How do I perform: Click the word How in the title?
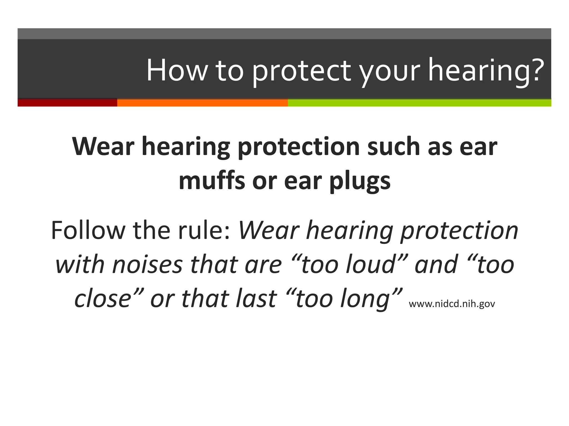coord(177,70)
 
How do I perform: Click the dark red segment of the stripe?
coord(67,103)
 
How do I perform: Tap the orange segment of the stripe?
coord(202,103)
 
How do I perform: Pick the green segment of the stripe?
coord(419,103)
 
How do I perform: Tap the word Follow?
coord(88,230)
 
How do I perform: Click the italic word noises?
coord(147,265)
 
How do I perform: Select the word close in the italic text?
coord(103,299)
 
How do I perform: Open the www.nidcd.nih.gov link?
coord(452,304)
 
